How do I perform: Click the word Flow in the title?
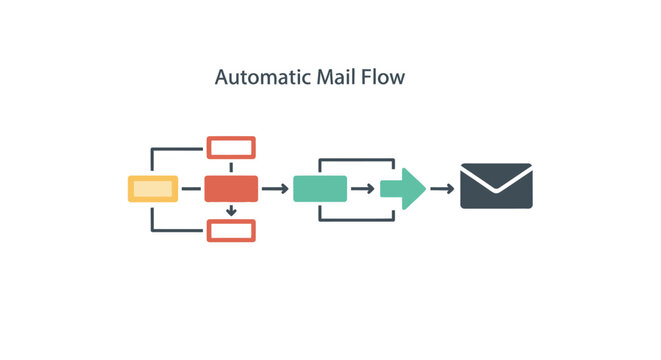(x=385, y=77)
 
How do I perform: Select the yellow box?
(x=153, y=188)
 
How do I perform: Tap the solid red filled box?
(x=231, y=188)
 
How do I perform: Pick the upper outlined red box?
(x=231, y=148)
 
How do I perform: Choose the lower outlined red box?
(x=231, y=230)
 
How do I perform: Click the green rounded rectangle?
(x=320, y=188)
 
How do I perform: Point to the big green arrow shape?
(x=402, y=188)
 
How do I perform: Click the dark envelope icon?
(x=496, y=186)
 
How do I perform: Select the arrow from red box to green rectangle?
(x=275, y=188)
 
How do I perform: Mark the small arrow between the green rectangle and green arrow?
(x=364, y=188)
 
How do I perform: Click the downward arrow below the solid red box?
(x=231, y=210)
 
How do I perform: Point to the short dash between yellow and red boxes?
(x=191, y=188)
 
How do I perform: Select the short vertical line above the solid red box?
(x=231, y=167)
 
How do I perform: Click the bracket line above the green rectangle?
(x=356, y=159)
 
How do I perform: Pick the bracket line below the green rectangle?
(x=356, y=218)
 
